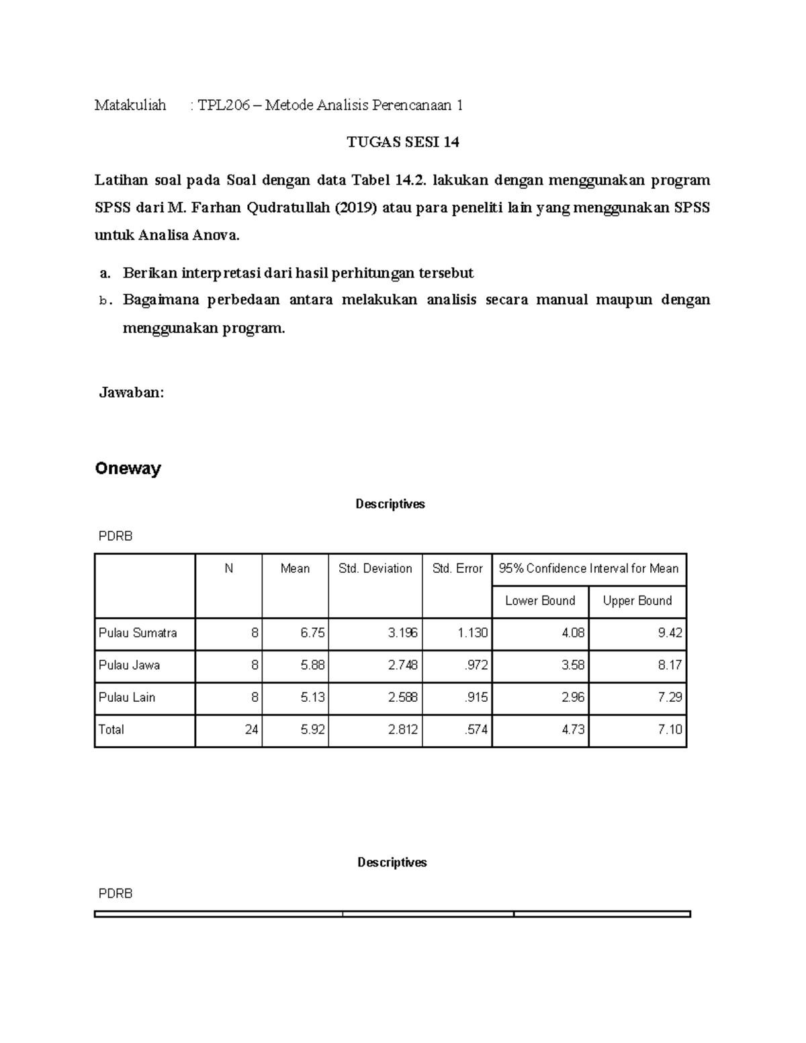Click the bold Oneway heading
128,468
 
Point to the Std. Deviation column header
375,569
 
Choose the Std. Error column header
457,569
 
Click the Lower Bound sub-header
540,601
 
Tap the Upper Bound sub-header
637,601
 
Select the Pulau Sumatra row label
138,633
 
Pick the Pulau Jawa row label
129,666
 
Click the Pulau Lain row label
127,698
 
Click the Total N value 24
251,730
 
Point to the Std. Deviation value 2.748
402,666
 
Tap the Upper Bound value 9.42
670,633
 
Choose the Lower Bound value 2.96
573,698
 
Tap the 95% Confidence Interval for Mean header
588,569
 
